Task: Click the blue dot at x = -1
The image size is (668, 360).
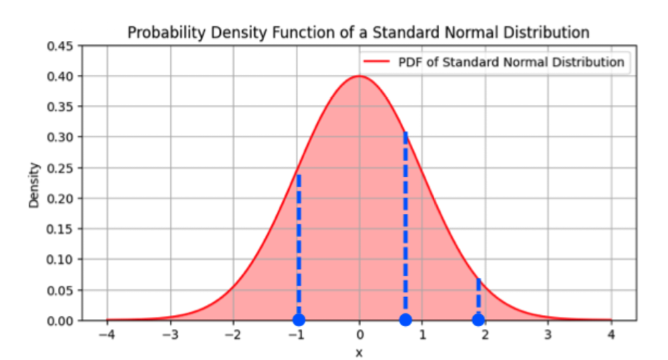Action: pos(299,320)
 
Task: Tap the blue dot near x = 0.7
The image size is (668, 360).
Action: pos(405,320)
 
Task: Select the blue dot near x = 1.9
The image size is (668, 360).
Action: pos(478,320)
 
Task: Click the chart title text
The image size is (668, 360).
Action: pos(358,32)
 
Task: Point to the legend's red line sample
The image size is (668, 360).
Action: pos(377,62)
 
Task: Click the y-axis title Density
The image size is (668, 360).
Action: pos(34,185)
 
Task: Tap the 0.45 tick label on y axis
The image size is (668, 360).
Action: pos(61,46)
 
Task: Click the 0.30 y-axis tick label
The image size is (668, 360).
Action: pos(61,137)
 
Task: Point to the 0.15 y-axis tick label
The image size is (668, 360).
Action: pos(61,229)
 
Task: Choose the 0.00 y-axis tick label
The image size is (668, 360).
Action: pos(61,320)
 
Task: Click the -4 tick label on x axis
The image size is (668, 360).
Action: pos(106,335)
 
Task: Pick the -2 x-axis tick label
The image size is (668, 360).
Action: pos(232,335)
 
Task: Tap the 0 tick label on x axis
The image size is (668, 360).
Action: pos(359,335)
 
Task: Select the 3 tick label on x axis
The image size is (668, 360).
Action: pos(548,335)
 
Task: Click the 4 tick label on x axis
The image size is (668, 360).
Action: pos(612,335)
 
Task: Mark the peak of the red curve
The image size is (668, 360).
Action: pos(359,76)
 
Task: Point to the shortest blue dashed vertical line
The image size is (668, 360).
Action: pos(478,296)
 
